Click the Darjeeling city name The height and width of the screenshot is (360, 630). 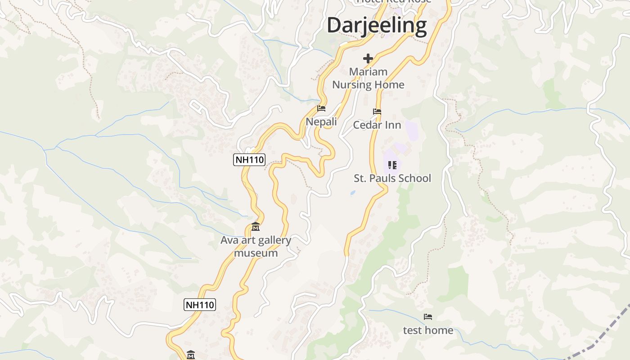(x=377, y=25)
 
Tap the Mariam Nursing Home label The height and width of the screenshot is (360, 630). (x=368, y=78)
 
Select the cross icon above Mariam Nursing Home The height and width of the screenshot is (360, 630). (x=368, y=58)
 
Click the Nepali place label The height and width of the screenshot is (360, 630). (x=321, y=121)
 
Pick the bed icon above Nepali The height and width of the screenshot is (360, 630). (x=321, y=108)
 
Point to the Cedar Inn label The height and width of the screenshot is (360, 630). (x=377, y=125)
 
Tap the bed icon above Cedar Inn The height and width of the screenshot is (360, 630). (x=377, y=112)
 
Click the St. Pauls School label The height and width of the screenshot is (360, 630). (x=392, y=178)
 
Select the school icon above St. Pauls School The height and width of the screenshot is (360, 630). (x=392, y=165)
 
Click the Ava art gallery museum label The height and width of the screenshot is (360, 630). (x=256, y=247)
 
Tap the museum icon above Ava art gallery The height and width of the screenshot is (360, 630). (x=256, y=226)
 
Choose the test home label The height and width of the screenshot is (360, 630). (x=428, y=330)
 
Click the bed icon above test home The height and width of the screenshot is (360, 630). (x=428, y=317)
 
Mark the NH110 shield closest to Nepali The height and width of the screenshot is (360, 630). (x=249, y=159)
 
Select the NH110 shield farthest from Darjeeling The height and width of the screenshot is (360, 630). (x=200, y=305)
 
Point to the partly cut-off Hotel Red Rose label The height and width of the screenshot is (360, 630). (x=394, y=2)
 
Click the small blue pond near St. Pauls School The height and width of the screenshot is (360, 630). (x=352, y=193)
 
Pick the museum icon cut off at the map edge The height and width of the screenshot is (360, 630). (x=191, y=355)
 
